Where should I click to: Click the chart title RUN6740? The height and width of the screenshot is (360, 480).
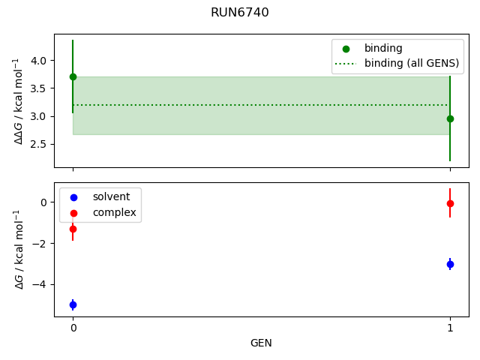pyautogui.click(x=239, y=13)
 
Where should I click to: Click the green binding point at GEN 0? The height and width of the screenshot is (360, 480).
pyautogui.click(x=73, y=76)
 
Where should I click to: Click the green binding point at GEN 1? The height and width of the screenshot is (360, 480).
pyautogui.click(x=450, y=118)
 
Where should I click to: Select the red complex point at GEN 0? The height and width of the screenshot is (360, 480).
pyautogui.click(x=73, y=229)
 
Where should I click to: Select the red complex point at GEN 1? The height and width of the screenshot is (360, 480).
pyautogui.click(x=450, y=203)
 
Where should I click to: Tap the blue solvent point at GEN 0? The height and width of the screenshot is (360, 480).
pyautogui.click(x=73, y=304)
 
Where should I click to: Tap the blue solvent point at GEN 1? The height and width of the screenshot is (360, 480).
pyautogui.click(x=450, y=264)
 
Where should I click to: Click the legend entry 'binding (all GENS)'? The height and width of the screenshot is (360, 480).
pyautogui.click(x=411, y=63)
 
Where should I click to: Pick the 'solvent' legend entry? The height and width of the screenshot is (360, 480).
pyautogui.click(x=111, y=196)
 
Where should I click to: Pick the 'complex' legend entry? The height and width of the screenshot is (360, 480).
pyautogui.click(x=114, y=212)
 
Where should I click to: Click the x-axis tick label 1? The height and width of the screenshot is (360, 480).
pyautogui.click(x=450, y=328)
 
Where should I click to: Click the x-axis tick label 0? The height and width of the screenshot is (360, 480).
pyautogui.click(x=73, y=328)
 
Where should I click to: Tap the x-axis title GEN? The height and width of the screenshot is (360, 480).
pyautogui.click(x=261, y=343)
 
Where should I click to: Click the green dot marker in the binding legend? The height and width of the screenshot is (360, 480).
pyautogui.click(x=346, y=48)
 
